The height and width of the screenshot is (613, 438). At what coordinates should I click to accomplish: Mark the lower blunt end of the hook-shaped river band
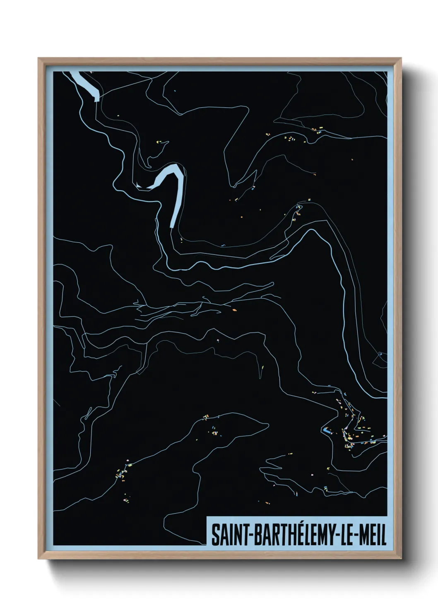coord(172,225)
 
